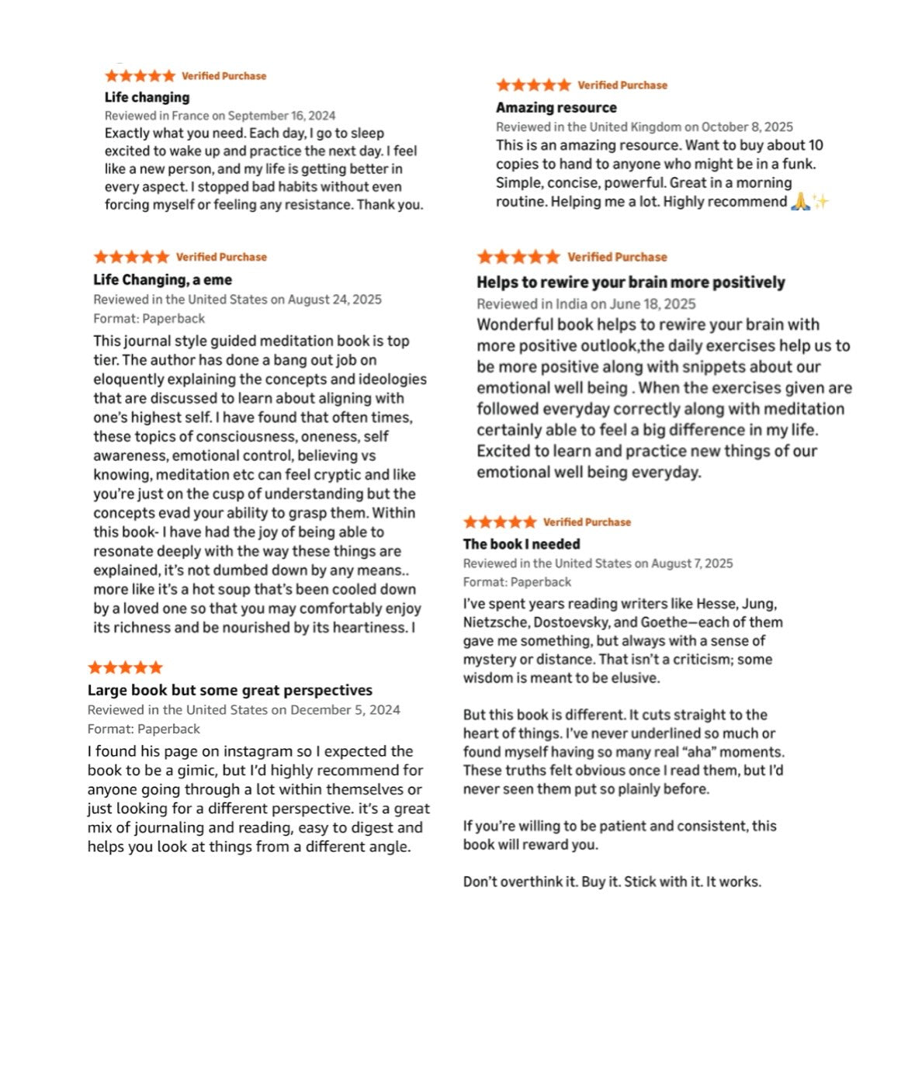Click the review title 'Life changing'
pyautogui.click(x=147, y=97)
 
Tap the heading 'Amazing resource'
pyautogui.click(x=556, y=107)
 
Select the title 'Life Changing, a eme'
pyautogui.click(x=162, y=279)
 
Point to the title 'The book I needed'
pyautogui.click(x=522, y=544)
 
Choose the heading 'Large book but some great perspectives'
pyautogui.click(x=230, y=690)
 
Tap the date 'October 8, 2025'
pyautogui.click(x=747, y=127)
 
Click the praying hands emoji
pyautogui.click(x=800, y=202)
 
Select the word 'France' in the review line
pyautogui.click(x=190, y=116)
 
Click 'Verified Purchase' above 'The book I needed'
pyautogui.click(x=587, y=522)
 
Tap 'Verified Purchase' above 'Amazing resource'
pyautogui.click(x=622, y=85)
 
